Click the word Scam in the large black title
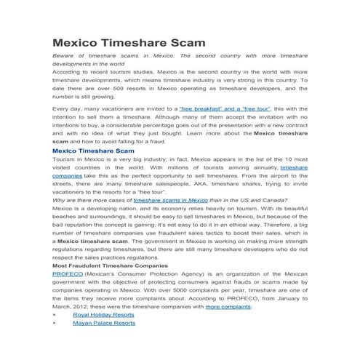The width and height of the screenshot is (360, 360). coord(177,42)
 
